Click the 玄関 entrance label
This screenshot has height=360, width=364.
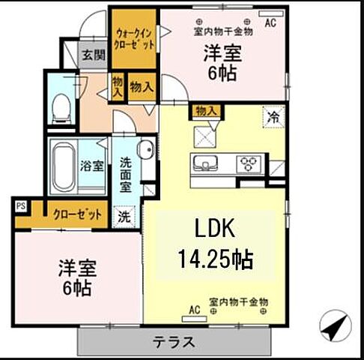(93, 55)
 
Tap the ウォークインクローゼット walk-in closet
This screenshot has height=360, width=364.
(135, 38)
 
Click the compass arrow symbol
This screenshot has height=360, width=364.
(336, 326)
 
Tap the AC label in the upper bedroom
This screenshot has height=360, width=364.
(270, 22)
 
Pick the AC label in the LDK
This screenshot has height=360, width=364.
(194, 309)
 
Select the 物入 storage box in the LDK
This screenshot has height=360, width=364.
(205, 111)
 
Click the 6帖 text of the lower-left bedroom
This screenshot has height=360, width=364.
(76, 289)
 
